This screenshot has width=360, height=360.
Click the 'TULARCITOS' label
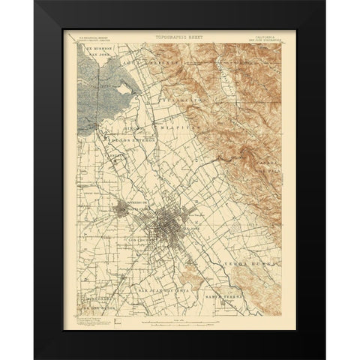183,99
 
